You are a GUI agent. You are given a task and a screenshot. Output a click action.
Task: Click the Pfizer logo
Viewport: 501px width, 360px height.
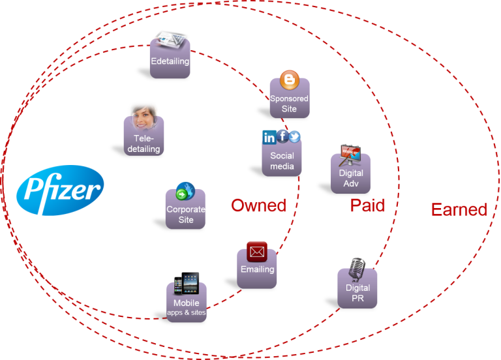pos(60,190)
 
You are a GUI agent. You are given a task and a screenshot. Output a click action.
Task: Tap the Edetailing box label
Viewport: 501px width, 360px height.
pos(170,61)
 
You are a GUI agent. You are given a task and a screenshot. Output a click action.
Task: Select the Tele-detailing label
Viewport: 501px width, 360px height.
pos(144,144)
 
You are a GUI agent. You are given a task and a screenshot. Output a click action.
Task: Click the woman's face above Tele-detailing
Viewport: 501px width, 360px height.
pos(143,116)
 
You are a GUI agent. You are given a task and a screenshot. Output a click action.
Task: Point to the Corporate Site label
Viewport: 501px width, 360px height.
pos(186,215)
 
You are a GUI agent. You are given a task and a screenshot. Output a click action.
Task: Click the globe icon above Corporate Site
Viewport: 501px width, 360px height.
pos(185,191)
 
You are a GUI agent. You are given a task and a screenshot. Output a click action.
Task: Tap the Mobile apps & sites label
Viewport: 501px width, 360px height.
pos(187,308)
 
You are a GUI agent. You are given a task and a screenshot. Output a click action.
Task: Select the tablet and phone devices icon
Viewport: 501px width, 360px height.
pos(187,284)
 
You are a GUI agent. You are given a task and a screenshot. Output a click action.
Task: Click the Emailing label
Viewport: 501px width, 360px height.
pos(257,269)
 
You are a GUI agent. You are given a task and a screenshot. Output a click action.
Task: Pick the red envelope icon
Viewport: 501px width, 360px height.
pos(257,250)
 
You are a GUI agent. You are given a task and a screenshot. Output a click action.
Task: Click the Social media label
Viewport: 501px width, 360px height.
pos(282,160)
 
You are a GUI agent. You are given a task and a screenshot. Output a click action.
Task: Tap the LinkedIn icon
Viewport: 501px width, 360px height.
pos(269,137)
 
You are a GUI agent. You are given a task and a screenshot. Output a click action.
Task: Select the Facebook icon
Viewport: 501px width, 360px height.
pos(282,136)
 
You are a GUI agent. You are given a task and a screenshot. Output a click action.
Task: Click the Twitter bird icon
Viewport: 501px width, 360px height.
pos(295,136)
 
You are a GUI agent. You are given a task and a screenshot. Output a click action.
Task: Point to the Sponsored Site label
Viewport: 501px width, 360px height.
pos(289,104)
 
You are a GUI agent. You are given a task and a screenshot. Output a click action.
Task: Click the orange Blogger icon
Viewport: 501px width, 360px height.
pos(289,81)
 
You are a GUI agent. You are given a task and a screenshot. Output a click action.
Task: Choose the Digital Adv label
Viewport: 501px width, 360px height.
pos(351,178)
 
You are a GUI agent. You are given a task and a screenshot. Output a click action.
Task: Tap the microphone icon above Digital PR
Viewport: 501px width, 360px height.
pos(357,268)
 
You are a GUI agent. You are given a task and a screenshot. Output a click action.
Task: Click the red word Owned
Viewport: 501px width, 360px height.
pos(258,205)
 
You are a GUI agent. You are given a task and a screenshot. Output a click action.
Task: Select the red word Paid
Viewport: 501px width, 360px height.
pos(367,205)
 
